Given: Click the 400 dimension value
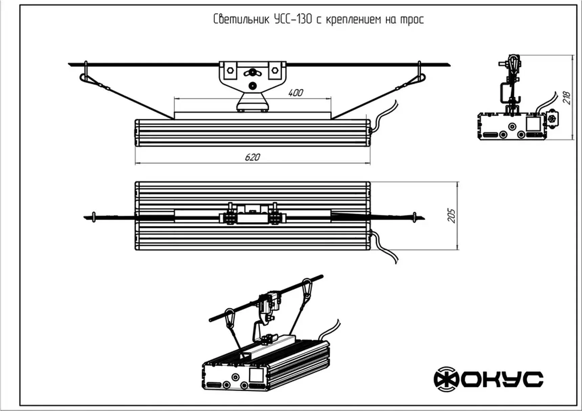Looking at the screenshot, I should pyautogui.click(x=295, y=93).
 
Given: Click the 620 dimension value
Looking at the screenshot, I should pyautogui.click(x=252, y=157).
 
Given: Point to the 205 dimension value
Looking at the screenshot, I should pyautogui.click(x=451, y=216).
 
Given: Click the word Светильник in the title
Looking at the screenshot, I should pyautogui.click(x=241, y=19).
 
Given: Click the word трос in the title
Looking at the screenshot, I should pyautogui.click(x=412, y=20).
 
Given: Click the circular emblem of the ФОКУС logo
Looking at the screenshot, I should pyautogui.click(x=446, y=379).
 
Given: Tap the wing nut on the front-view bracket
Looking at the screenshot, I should pyautogui.click(x=252, y=72).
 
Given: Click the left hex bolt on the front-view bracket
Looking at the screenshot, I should pyautogui.click(x=230, y=70).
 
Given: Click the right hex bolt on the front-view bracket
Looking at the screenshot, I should pyautogui.click(x=274, y=70).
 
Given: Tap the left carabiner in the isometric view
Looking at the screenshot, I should pyautogui.click(x=230, y=316).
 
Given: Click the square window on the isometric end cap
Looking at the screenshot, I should pyautogui.click(x=256, y=375).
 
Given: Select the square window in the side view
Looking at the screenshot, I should pyautogui.click(x=533, y=123).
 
